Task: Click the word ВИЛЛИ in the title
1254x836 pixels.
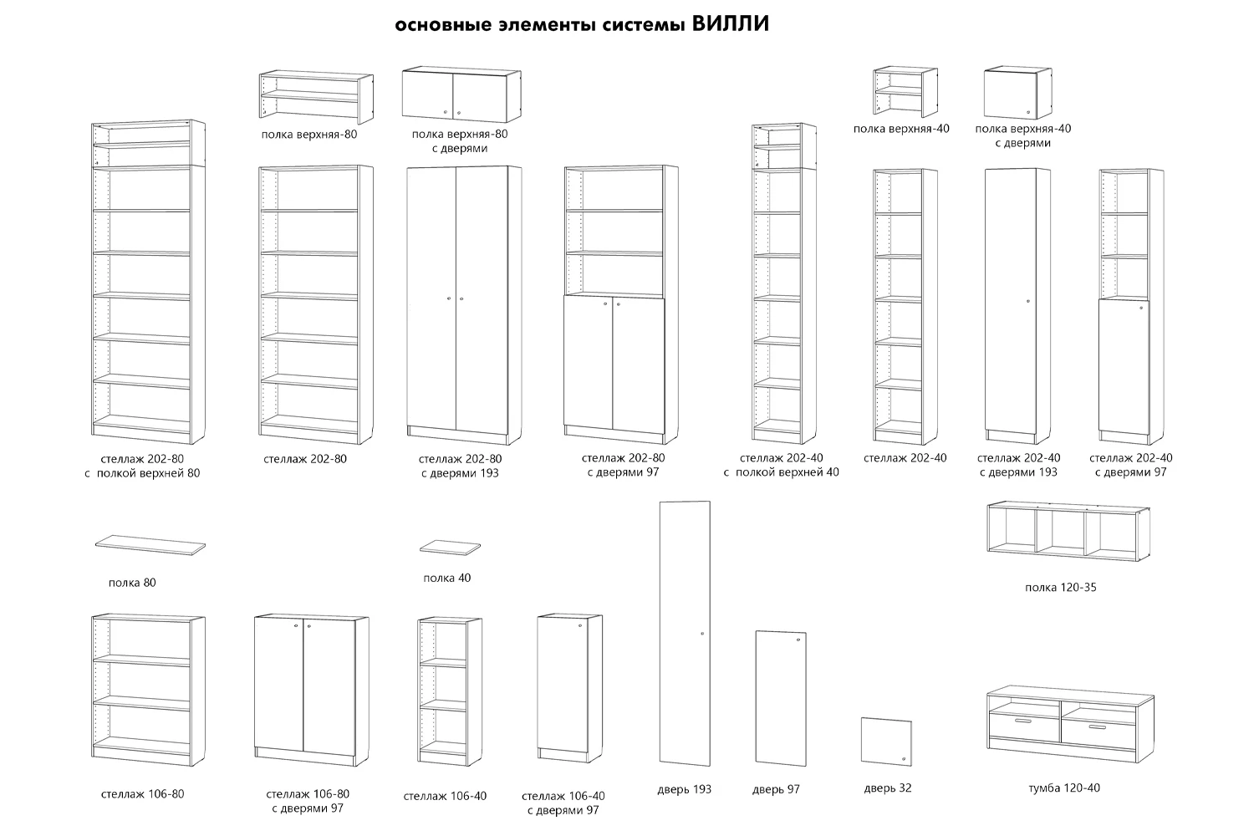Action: [x=731, y=24]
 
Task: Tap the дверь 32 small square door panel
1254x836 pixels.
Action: [x=886, y=741]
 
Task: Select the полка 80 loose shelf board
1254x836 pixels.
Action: [x=150, y=544]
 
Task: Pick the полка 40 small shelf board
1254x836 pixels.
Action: [x=451, y=548]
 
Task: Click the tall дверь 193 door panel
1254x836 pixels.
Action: [x=685, y=632]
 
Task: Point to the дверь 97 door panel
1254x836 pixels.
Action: [x=780, y=697]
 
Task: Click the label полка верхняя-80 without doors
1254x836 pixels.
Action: [x=308, y=134]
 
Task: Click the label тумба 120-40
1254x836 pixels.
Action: [x=1063, y=788]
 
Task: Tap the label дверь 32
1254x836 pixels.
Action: [x=887, y=788]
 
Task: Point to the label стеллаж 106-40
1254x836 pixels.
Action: [x=444, y=796]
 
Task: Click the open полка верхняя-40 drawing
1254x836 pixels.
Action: [x=903, y=91]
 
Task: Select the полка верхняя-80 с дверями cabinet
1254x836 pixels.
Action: [x=459, y=94]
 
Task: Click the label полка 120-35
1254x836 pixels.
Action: [x=1060, y=588]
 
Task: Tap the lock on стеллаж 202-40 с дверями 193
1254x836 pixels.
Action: [x=1027, y=300]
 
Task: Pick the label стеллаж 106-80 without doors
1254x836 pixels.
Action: [x=142, y=793]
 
